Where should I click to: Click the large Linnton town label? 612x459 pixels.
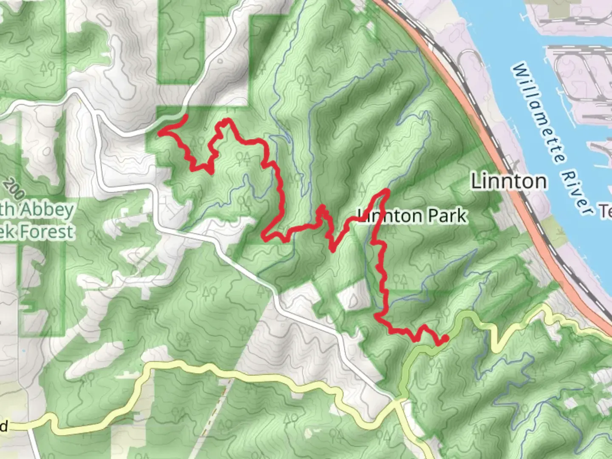click(509, 181)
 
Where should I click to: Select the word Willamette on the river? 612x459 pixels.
click(539, 114)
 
